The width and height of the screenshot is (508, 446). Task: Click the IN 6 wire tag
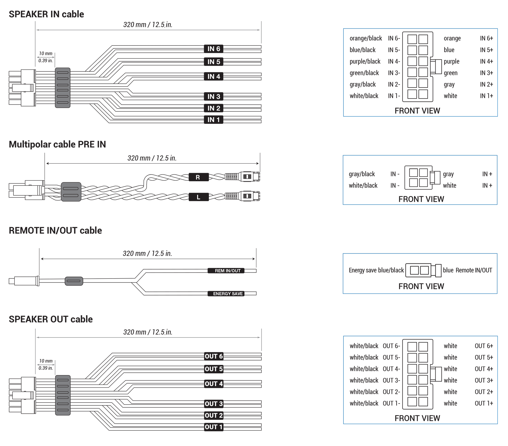point(213,49)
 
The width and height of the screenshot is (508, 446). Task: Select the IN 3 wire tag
point(213,97)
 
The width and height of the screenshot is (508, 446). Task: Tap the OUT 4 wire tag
point(214,384)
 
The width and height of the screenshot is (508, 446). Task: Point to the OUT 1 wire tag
point(214,427)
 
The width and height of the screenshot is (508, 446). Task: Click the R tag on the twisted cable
point(198,177)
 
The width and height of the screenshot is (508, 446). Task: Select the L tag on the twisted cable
point(198,197)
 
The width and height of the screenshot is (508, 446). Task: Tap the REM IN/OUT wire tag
point(226,271)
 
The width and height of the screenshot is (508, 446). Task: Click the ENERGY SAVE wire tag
point(226,294)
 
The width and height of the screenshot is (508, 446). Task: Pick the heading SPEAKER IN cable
point(46,14)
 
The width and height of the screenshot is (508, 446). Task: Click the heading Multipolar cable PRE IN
point(57,144)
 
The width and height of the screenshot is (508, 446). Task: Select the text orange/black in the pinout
point(366,38)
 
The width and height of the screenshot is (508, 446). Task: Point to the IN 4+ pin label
point(486,61)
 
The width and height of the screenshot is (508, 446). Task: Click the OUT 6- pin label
point(391,346)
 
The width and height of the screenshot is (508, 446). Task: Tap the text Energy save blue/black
point(376,270)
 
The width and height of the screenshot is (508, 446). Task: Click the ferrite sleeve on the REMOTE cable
point(74,281)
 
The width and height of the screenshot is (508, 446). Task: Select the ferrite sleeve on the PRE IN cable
point(71,192)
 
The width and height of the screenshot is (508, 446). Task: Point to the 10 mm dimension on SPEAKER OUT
point(46,361)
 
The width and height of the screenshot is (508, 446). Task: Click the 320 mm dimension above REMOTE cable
point(147,253)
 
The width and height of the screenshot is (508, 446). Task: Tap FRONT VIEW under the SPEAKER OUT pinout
point(417,418)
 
